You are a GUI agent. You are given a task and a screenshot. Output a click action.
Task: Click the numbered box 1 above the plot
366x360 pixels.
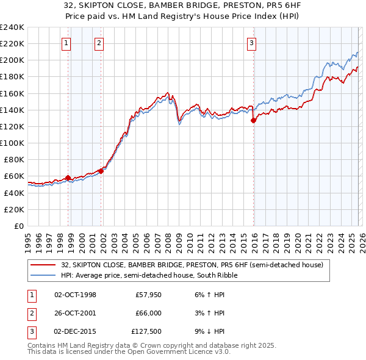[x=66, y=43]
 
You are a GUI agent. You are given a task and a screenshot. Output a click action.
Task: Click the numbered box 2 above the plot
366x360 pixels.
[x=99, y=43]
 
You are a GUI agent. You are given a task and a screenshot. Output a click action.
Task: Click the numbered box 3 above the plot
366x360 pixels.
[x=251, y=43]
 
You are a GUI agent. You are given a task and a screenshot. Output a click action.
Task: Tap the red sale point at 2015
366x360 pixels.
[x=253, y=121]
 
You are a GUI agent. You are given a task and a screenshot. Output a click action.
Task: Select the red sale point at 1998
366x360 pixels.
[x=68, y=178]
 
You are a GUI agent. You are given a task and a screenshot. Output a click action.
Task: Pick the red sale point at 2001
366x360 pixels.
[x=101, y=171]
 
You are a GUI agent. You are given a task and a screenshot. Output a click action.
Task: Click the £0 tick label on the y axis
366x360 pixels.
[x=18, y=226]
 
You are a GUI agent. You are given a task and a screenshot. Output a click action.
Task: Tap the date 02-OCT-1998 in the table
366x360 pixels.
[x=75, y=295]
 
